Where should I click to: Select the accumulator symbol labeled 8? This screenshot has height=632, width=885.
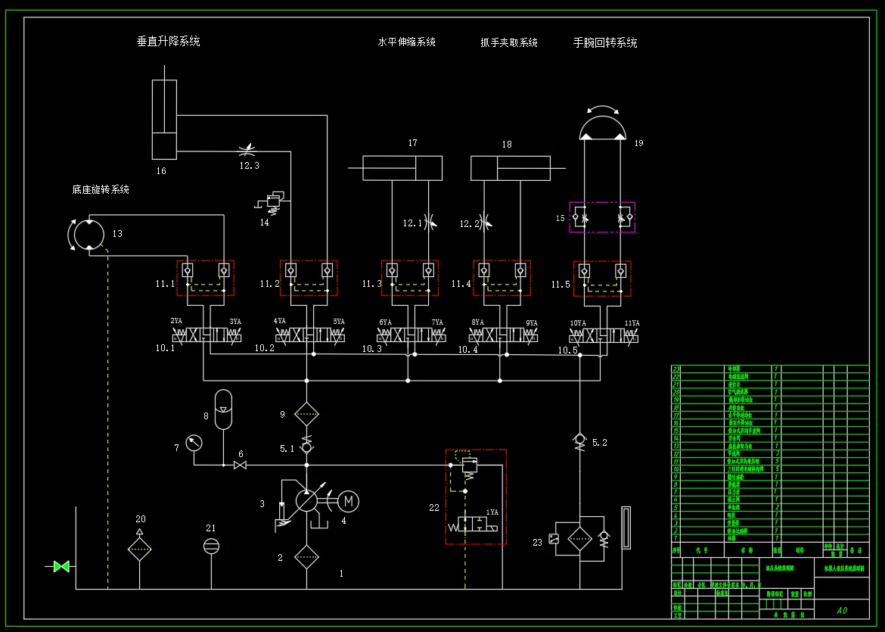[224, 409]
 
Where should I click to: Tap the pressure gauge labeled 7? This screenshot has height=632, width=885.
[194, 442]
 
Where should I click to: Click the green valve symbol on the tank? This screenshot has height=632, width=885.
[61, 566]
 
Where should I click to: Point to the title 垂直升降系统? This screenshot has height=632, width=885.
[168, 42]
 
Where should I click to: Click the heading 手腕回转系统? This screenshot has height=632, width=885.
[605, 42]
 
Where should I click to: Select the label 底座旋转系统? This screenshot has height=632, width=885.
[101, 189]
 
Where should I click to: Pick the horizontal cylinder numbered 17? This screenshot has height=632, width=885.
[402, 168]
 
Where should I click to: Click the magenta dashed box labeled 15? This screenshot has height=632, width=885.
[602, 217]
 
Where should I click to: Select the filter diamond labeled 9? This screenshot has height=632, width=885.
[306, 414]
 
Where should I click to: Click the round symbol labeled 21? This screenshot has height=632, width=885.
[211, 546]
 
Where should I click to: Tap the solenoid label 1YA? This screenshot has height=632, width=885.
[492, 512]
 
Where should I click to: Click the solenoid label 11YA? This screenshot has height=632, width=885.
[631, 323]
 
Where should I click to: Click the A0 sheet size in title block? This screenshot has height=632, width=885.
[842, 610]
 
